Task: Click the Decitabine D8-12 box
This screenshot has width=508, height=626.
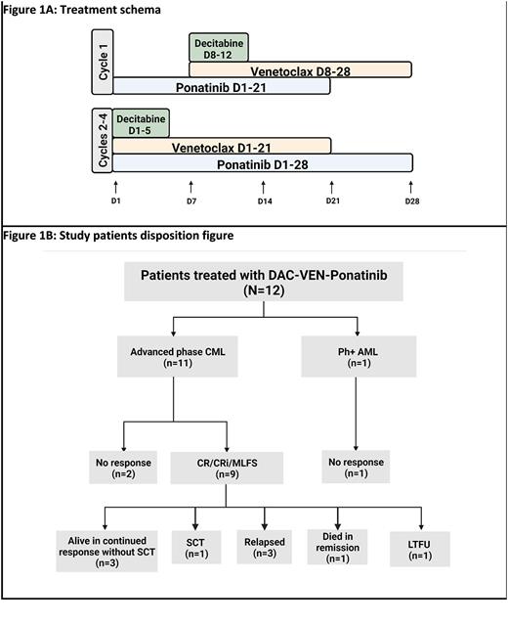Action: pyautogui.click(x=218, y=47)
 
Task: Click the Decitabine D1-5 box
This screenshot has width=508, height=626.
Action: pyautogui.click(x=141, y=122)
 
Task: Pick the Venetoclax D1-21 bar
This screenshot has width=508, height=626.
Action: pyautogui.click(x=222, y=146)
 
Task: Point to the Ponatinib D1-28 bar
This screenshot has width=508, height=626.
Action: pyautogui.click(x=262, y=163)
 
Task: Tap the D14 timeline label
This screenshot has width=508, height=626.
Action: pyautogui.click(x=264, y=201)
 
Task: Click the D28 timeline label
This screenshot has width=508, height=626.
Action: pyautogui.click(x=411, y=201)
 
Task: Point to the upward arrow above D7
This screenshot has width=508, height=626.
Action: pyautogui.click(x=190, y=186)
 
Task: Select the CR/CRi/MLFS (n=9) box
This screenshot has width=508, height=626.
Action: pyautogui.click(x=227, y=468)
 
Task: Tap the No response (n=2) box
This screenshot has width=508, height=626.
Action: pyautogui.click(x=122, y=468)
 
